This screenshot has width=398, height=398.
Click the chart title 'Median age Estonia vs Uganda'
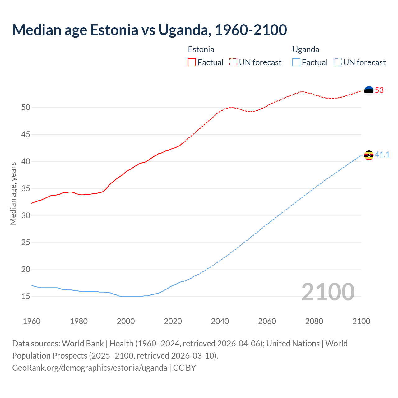point(149,30)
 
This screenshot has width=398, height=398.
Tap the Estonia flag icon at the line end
point(369,90)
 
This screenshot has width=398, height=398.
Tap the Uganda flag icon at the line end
point(369,155)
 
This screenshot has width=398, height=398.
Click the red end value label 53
point(379,90)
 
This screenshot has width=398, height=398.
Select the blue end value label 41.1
point(382,155)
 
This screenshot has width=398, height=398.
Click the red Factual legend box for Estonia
point(192,62)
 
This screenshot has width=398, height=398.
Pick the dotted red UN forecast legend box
point(233,62)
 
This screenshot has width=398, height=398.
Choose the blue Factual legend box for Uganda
point(296,62)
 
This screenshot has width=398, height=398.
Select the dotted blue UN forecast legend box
point(337,62)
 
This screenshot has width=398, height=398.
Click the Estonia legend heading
point(201,49)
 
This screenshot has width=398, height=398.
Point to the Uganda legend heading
point(306,49)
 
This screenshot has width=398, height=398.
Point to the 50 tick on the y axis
point(26,108)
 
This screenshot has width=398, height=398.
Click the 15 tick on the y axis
point(26,297)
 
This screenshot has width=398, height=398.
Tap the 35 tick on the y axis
point(26,189)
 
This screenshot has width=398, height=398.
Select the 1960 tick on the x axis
point(32,321)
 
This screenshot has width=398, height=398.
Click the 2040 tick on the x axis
point(220,321)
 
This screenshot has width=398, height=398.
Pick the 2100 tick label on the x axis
point(361,321)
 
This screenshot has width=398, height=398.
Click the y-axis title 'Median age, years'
point(13,193)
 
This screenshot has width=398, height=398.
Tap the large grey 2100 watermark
point(328,292)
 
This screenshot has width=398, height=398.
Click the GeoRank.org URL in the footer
point(90,368)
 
